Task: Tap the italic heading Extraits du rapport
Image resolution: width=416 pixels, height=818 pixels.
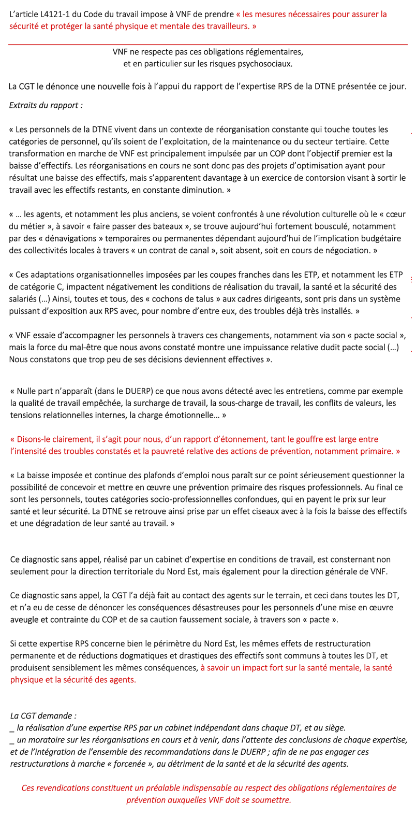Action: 46,105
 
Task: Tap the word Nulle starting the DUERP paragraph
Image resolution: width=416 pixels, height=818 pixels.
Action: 27,391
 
